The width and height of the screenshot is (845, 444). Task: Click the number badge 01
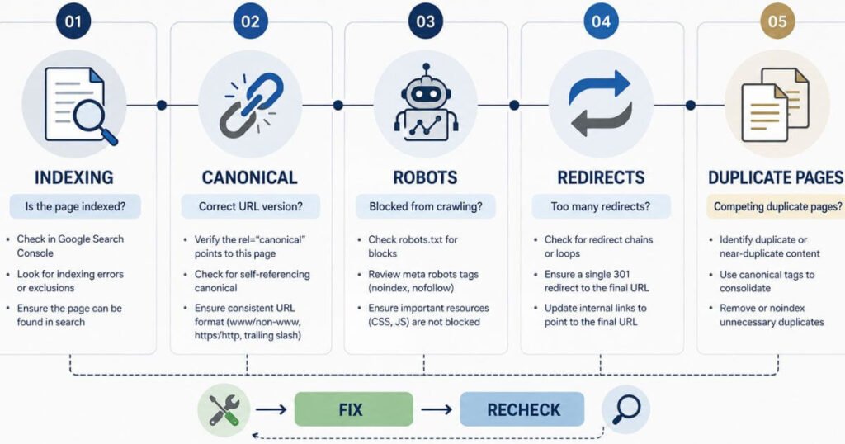73,21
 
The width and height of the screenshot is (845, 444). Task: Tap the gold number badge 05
777,21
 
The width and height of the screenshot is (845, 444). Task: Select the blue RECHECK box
522,409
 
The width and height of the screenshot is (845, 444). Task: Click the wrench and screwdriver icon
224,409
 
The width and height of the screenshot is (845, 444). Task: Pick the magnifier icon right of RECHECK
625,409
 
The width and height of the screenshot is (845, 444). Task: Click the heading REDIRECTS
601,177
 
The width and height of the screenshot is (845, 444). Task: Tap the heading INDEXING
73,177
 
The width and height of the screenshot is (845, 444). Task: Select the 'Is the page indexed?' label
75,207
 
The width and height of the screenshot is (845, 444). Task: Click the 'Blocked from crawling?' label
426,207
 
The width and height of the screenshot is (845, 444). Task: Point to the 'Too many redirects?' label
601,207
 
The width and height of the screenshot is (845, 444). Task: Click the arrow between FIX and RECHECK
437,410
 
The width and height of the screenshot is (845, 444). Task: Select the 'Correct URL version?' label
251,207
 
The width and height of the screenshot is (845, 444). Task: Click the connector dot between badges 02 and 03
338,105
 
